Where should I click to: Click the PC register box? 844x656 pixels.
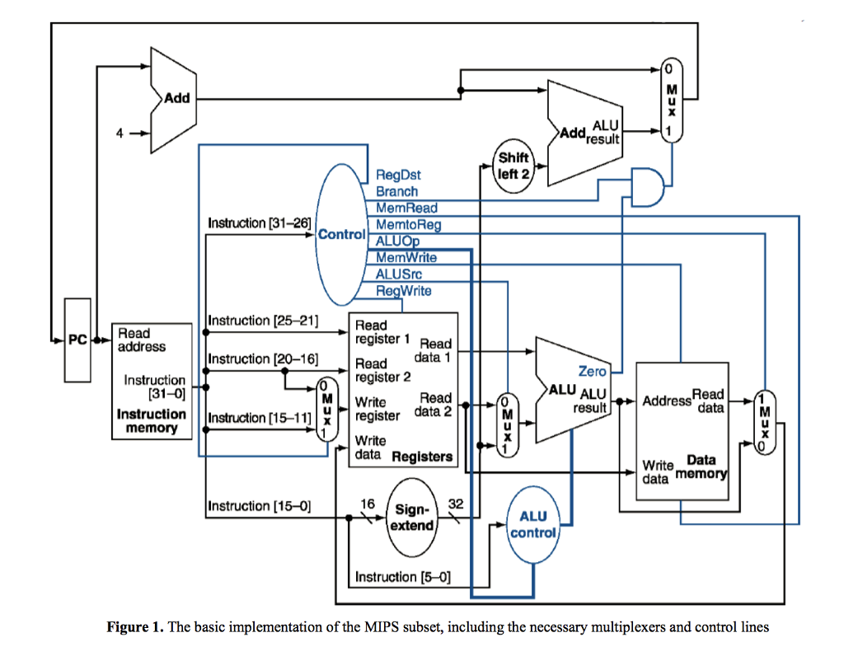pyautogui.click(x=77, y=340)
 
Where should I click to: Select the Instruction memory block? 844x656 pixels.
pyautogui.click(x=152, y=381)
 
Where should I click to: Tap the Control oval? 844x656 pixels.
pyautogui.click(x=340, y=234)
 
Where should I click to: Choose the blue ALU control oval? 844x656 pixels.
pyautogui.click(x=532, y=524)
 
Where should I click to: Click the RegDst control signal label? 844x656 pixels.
pyautogui.click(x=398, y=176)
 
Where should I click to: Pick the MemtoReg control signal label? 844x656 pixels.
pyautogui.click(x=408, y=224)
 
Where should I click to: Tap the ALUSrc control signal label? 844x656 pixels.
pyautogui.click(x=399, y=274)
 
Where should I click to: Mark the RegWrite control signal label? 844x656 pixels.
pyautogui.click(x=403, y=290)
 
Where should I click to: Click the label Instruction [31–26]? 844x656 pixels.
pyautogui.click(x=259, y=223)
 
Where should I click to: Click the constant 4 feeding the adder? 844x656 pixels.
pyautogui.click(x=120, y=131)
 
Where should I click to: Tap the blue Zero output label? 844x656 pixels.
pyautogui.click(x=592, y=372)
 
